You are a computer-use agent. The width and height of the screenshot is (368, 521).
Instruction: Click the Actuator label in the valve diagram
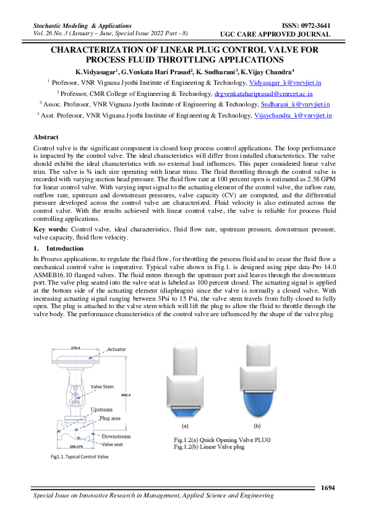point(118,350)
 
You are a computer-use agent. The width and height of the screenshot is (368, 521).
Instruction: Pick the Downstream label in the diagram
point(116,436)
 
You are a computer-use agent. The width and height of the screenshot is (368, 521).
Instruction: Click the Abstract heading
point(46,137)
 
